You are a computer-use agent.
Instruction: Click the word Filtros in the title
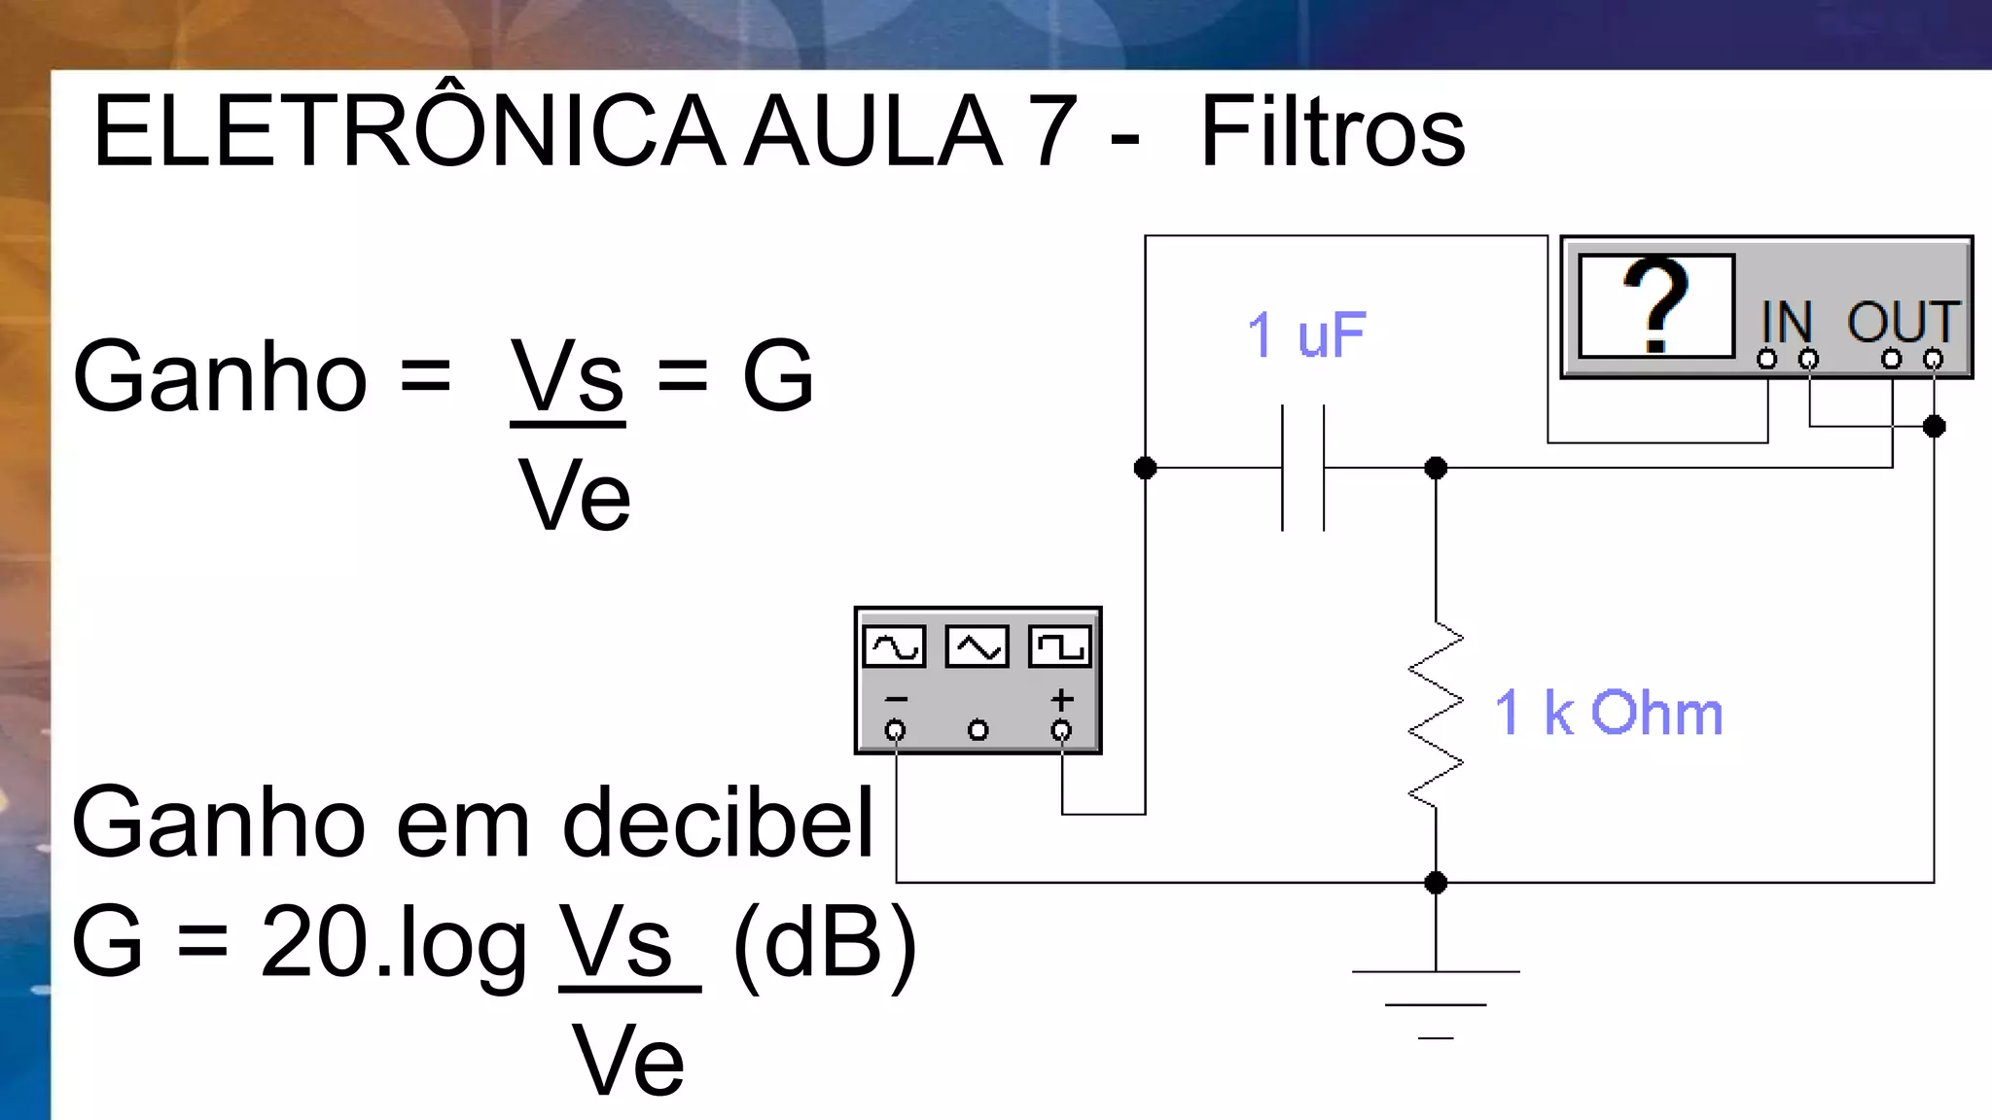click(1332, 131)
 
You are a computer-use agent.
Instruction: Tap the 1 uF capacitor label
click(1306, 334)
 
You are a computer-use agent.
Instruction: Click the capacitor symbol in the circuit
click(1303, 468)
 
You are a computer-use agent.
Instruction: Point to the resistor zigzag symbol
click(1436, 715)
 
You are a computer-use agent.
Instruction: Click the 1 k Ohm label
click(1608, 713)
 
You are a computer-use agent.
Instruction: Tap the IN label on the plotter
click(1787, 322)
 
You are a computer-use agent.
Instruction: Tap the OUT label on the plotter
click(1903, 322)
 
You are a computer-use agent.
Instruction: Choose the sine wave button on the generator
click(895, 647)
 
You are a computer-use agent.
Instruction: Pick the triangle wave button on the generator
click(978, 647)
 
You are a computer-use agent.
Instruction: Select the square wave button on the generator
click(1060, 647)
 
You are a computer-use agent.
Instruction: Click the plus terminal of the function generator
click(1062, 729)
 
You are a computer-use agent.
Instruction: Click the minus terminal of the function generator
click(895, 729)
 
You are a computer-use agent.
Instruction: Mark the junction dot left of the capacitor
click(1146, 468)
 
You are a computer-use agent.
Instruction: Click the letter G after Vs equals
click(777, 376)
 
